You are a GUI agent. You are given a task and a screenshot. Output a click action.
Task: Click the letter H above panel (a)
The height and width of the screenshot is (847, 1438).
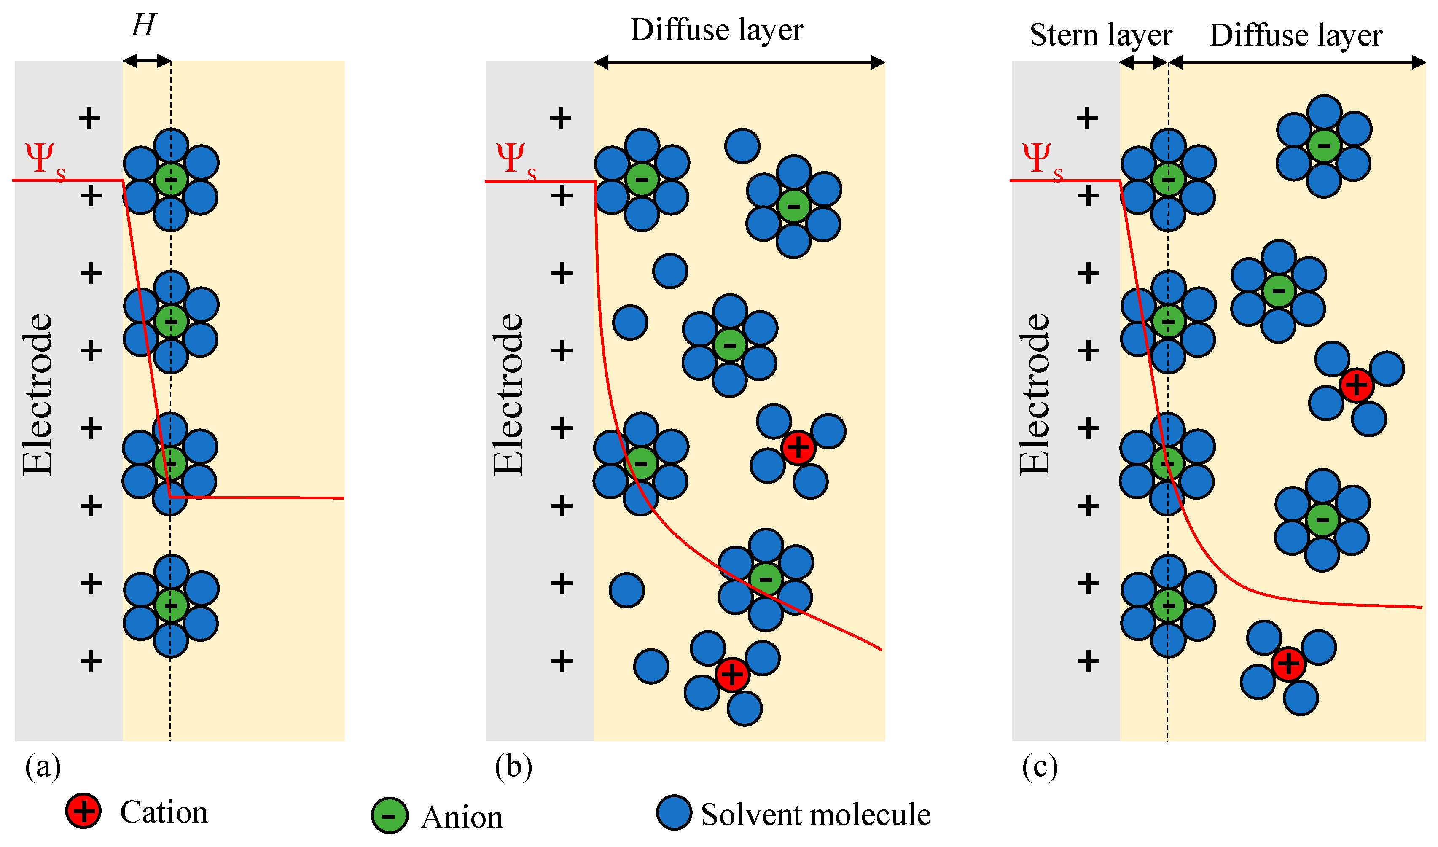click(143, 26)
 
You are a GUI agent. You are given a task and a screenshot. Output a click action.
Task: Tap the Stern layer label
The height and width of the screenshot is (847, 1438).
click(1101, 35)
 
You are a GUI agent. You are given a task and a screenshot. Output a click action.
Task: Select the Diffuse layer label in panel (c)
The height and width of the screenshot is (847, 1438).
click(1296, 35)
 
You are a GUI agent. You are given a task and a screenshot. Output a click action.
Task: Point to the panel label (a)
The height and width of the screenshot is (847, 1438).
click(43, 766)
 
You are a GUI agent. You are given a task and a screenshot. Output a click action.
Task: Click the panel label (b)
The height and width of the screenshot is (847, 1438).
click(513, 766)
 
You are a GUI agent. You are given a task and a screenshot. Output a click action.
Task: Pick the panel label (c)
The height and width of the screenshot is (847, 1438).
click(1040, 766)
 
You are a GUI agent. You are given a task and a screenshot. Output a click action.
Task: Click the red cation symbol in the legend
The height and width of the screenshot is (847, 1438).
click(84, 811)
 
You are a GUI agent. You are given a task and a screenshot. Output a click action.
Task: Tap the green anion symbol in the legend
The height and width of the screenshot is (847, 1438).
click(389, 815)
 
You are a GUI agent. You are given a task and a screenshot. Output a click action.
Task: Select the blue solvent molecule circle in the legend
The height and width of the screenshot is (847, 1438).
click(674, 812)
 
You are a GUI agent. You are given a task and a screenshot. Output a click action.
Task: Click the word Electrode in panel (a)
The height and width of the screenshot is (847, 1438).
click(38, 394)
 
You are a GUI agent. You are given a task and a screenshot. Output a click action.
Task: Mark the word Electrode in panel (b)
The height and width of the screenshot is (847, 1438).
click(508, 394)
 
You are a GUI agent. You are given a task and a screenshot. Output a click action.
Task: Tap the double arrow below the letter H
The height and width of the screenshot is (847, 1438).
click(147, 61)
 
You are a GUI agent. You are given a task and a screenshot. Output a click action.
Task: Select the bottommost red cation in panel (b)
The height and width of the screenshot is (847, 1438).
click(732, 675)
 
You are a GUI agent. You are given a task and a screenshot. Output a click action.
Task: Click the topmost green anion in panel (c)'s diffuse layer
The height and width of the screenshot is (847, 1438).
click(1324, 145)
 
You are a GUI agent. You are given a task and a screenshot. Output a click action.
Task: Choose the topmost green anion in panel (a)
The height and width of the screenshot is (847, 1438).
click(171, 179)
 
